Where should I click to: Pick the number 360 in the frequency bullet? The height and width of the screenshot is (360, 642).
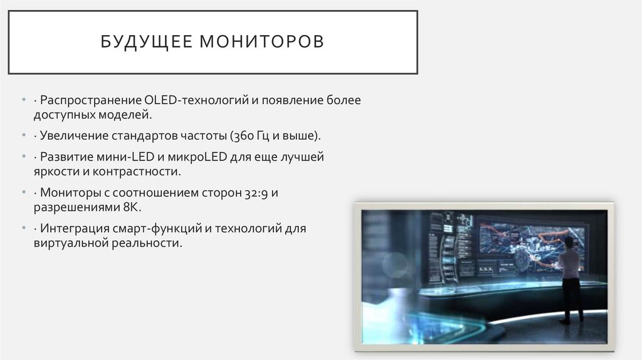coord(241,135)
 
